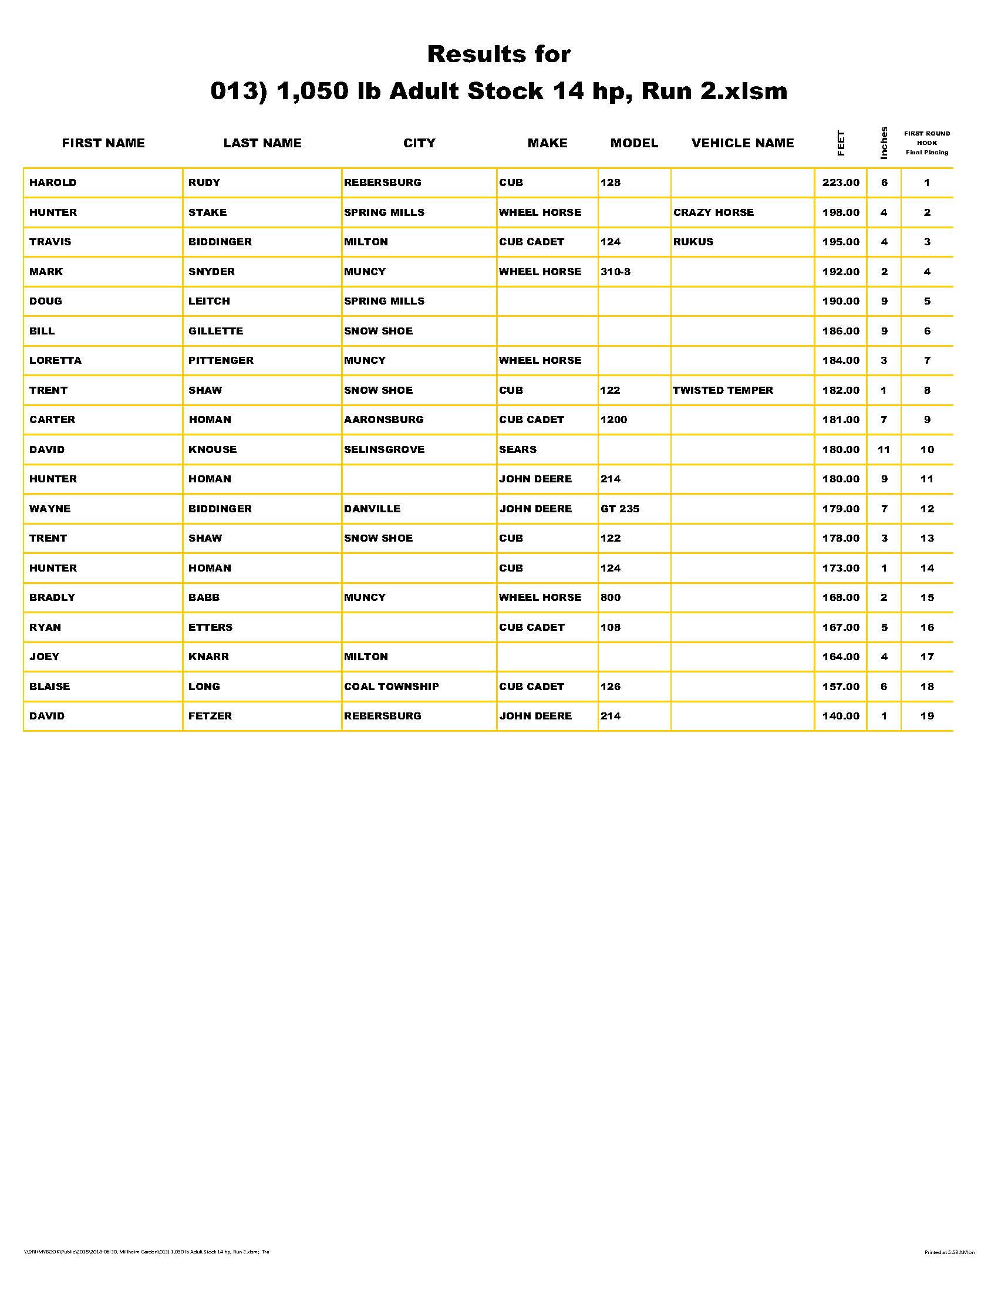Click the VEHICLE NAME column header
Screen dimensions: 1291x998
pos(742,143)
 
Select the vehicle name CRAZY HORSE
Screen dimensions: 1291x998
pos(713,212)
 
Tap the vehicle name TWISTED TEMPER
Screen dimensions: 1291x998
pos(723,390)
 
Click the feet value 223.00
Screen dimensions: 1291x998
pos(840,183)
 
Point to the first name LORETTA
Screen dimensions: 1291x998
pos(56,360)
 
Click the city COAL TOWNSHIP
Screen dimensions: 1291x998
pos(392,687)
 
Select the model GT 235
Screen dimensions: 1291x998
pos(619,508)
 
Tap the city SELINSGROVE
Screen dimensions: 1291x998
pos(384,450)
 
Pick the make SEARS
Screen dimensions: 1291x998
pos(517,450)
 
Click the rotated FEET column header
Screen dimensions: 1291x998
pos(841,143)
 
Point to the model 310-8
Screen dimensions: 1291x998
pos(615,272)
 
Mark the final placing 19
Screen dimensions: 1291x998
pos(926,716)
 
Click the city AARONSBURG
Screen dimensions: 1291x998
pos(383,420)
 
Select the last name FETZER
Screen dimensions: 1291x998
pos(210,716)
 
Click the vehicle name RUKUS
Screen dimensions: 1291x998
pos(693,242)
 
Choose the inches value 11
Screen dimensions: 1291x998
pos(884,450)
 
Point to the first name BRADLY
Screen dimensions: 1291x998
pos(52,597)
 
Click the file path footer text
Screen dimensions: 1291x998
pos(147,1252)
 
